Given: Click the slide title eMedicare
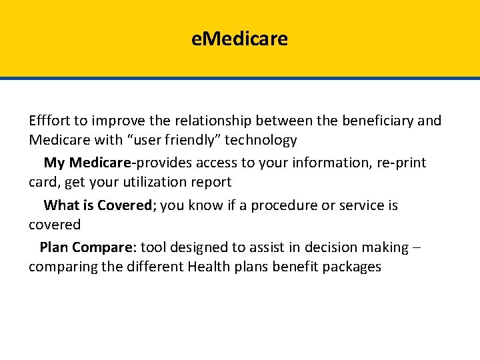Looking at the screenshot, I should click(239, 39).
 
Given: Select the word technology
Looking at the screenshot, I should click(263, 140).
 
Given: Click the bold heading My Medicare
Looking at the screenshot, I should click(89, 163).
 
